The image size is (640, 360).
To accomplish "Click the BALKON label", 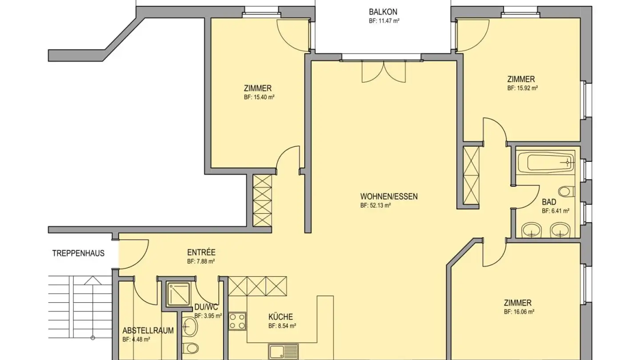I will coord(383,12).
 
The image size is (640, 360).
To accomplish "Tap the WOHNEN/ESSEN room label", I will coord(389,196).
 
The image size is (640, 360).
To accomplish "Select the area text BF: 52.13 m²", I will coord(375,206).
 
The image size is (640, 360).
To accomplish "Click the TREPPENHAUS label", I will coord(78,253).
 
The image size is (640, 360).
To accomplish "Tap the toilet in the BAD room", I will coord(565,192).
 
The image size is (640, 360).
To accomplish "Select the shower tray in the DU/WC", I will coord(178,293).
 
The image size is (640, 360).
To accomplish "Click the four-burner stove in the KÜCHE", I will coord(237,322).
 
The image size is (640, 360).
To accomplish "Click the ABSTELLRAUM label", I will coord(148,331).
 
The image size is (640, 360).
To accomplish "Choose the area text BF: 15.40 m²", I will coord(259,97).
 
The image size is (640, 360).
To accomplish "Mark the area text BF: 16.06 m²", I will coord(519,312).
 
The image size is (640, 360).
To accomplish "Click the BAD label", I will coord(549,202).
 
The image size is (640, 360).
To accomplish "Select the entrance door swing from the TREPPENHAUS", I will coord(134,253).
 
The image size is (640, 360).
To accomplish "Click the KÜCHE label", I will coord(280,317).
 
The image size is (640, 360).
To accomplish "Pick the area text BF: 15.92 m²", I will coord(523,88).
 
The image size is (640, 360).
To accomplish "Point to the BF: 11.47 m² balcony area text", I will coord(384,21).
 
